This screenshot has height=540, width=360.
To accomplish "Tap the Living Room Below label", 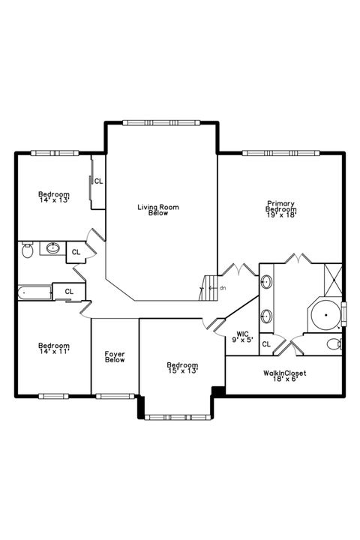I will coord(157,211).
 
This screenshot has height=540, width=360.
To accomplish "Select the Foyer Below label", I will coord(115,356).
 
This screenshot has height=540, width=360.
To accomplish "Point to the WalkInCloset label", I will coord(284,376).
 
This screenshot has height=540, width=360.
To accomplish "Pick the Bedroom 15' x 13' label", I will coord(182,367).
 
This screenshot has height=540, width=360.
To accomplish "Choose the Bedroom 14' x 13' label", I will coord(54,197).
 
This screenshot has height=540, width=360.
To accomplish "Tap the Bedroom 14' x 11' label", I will coord(54,349).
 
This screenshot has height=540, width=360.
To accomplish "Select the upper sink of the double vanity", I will coord(266,283).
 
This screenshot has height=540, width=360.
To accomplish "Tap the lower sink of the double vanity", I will coord(266,315).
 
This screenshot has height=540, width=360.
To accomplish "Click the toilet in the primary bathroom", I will coord(334,344).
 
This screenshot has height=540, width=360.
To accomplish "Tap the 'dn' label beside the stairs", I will coord(223,287).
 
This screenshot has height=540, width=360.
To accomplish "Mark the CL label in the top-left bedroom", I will coord(98,181).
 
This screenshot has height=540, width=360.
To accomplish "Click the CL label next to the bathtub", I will coord(69,291).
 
